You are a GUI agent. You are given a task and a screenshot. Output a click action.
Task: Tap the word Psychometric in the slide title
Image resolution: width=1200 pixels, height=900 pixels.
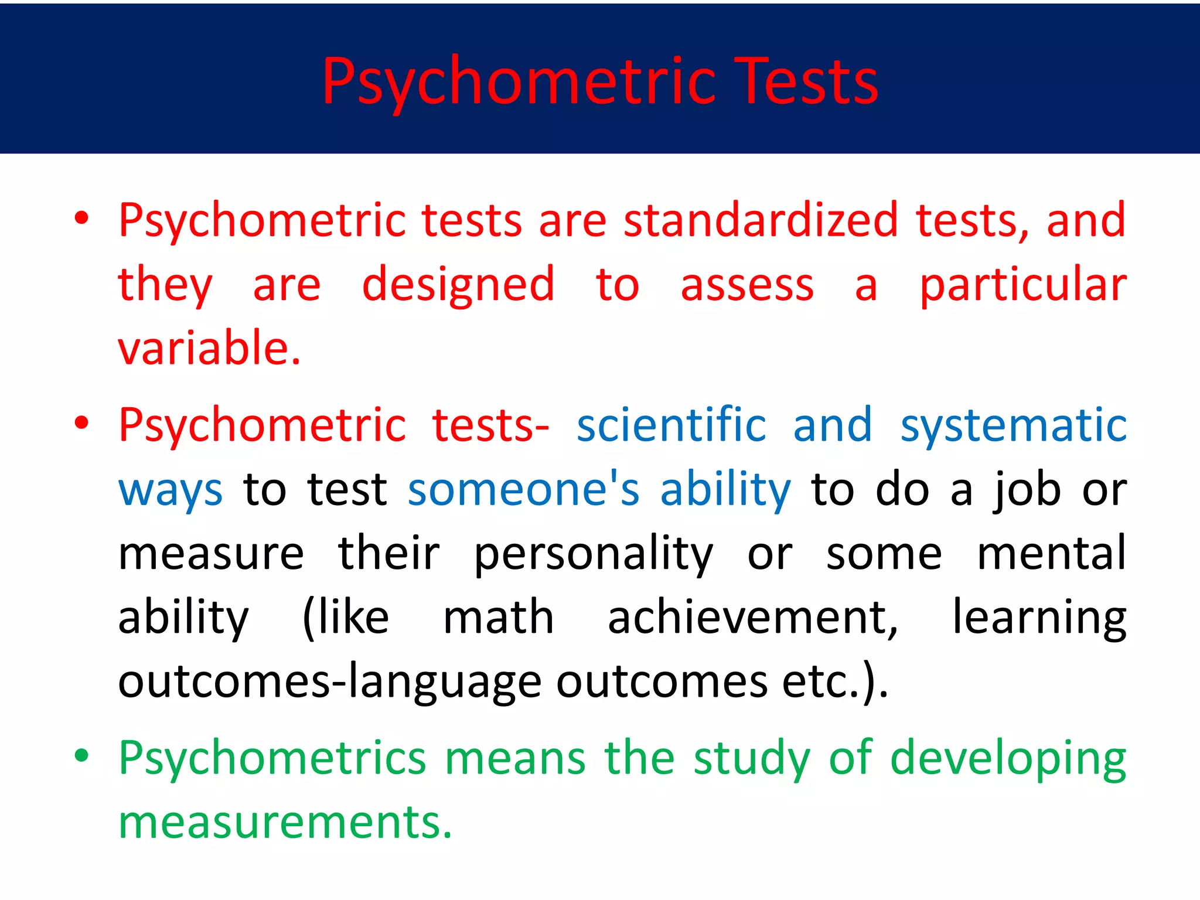tap(519, 82)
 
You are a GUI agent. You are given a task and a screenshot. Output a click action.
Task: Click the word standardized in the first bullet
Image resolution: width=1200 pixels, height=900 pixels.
tap(760, 220)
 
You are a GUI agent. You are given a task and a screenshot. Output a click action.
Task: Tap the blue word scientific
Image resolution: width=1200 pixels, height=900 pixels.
tap(671, 425)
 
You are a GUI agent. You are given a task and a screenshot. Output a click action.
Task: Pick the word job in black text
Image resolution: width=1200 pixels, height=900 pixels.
tap(1027, 489)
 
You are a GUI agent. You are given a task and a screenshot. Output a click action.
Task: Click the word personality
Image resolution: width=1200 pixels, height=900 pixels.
tap(593, 554)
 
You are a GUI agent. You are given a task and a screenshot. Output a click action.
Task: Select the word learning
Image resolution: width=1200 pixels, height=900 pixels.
tap(1039, 618)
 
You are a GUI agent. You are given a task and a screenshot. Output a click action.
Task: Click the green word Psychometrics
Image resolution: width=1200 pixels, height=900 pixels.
tap(272, 758)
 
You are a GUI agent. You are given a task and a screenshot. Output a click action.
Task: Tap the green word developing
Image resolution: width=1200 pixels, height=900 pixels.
tap(1008, 759)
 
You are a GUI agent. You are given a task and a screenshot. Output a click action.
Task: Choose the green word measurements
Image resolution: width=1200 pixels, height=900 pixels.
tap(285, 822)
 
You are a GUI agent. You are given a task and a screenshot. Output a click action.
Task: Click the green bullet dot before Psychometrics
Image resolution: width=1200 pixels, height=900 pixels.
tap(81, 756)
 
